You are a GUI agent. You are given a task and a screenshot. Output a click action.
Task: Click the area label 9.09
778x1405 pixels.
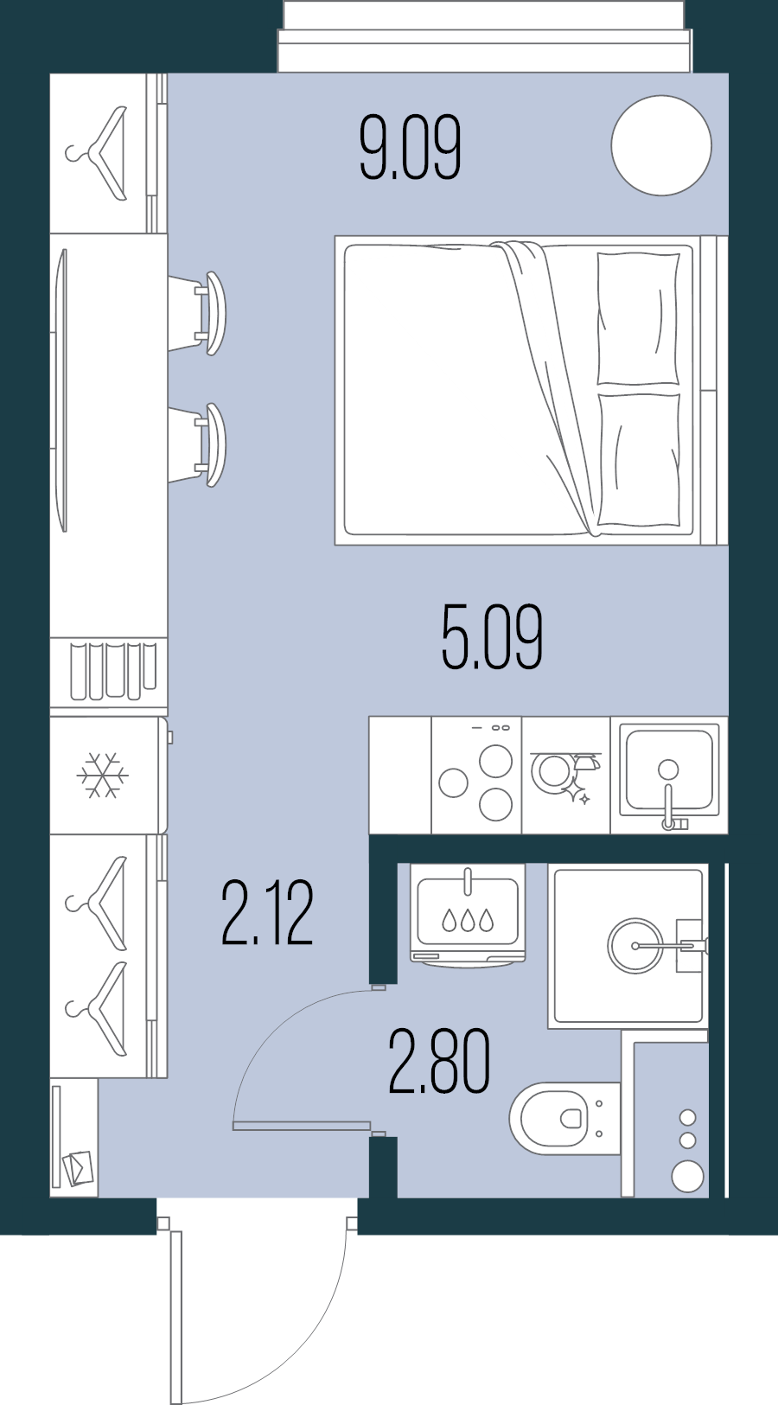tap(410, 148)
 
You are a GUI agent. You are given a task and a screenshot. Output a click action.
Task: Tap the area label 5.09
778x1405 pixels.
tap(491, 638)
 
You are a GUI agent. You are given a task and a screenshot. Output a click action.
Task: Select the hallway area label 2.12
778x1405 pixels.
tap(266, 913)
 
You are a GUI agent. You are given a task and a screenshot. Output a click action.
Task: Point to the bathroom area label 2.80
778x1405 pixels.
tap(439, 1062)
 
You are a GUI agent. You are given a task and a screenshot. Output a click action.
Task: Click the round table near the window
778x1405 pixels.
tap(661, 145)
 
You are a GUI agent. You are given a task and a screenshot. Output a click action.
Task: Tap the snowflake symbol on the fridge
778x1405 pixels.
tap(102, 776)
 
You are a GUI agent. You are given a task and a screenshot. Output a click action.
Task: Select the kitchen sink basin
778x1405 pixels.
tap(669, 769)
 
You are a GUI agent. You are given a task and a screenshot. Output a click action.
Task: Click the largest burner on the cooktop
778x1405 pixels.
tap(496, 762)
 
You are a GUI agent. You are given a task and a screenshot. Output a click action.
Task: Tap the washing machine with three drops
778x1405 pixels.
tap(468, 915)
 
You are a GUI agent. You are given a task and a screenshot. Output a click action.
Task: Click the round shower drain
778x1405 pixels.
tap(635, 946)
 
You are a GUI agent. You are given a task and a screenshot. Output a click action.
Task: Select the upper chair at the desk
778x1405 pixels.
tap(204, 313)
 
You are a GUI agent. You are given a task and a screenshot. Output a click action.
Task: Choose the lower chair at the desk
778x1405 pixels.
tap(204, 444)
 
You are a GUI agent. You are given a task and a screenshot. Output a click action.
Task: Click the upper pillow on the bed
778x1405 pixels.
tap(638, 317)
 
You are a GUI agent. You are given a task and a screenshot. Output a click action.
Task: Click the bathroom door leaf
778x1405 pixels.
tap(301, 1126)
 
